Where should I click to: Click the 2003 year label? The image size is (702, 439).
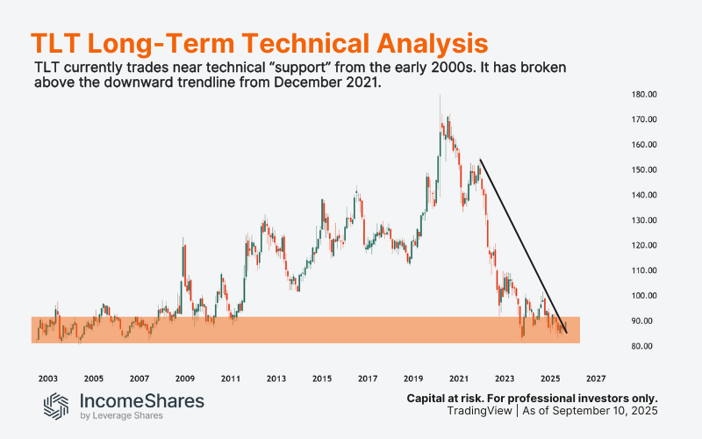(x=48, y=378)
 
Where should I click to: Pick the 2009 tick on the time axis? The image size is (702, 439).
(x=185, y=378)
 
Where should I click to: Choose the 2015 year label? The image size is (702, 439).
(x=322, y=378)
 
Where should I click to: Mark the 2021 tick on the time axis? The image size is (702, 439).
(x=458, y=378)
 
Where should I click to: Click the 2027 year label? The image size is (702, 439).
(x=595, y=378)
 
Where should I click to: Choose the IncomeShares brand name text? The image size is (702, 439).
(x=142, y=400)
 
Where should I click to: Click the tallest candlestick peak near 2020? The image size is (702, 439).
(x=440, y=97)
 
